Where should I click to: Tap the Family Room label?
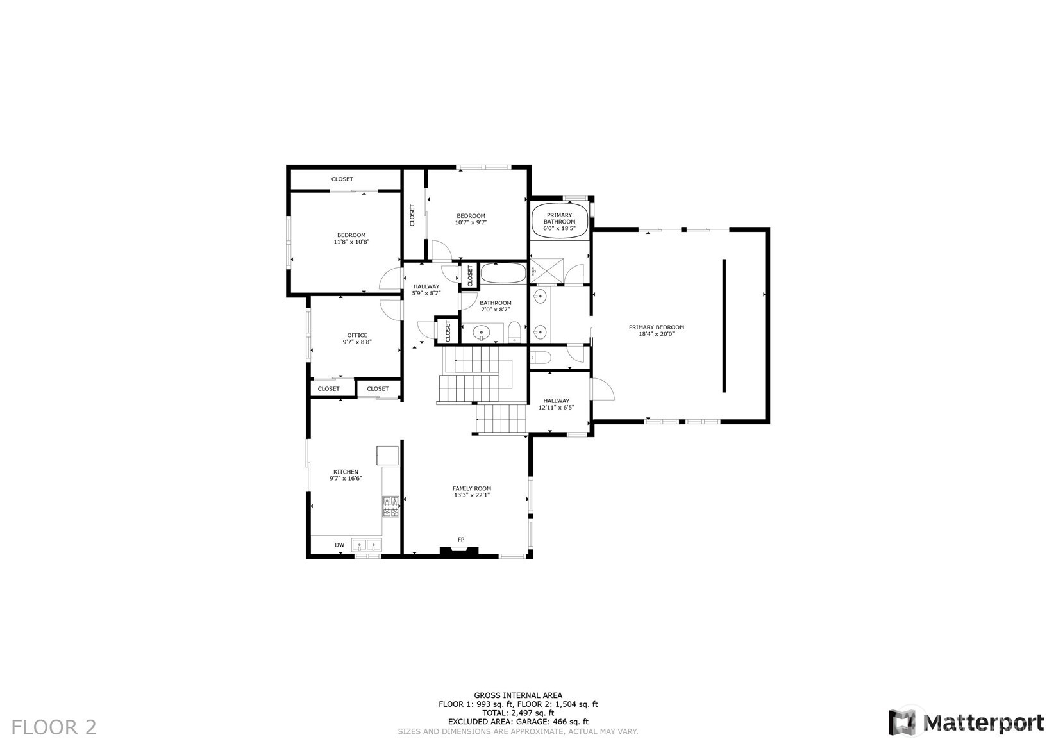coord(472,488)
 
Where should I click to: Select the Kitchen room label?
coord(346,472)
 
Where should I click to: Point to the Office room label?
coord(357,335)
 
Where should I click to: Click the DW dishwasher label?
coord(339,545)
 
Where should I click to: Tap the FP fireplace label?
coord(460,539)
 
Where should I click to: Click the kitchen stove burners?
coord(390,506)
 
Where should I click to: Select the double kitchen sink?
coord(366,545)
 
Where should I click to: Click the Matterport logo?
coord(966,722)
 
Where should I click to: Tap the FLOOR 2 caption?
coord(54,727)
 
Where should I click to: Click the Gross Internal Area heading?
coord(518,695)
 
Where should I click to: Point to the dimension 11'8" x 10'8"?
coord(351,242)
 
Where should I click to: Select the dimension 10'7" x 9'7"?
coord(471,222)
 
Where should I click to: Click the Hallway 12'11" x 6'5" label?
coord(556,404)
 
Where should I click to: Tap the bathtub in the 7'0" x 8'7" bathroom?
coord(503,273)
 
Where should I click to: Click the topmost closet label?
coord(342,179)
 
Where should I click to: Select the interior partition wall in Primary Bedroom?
coord(725,326)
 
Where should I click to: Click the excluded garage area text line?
coord(518,722)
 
